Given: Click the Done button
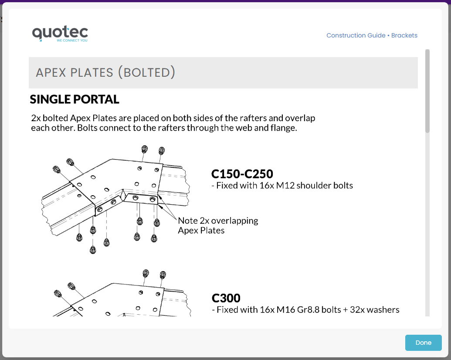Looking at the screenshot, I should pos(423,343).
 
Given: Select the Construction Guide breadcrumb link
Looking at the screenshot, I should pos(356,35).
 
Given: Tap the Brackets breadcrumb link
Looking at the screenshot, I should pos(404,35).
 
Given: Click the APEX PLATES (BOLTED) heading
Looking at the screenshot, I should pos(105,72).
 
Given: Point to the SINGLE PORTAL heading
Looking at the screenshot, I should pos(75,99).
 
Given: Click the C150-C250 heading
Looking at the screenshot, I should pos(242,174).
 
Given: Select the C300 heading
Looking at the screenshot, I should pos(226,298).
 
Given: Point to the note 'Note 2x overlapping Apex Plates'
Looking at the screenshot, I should pos(218,225).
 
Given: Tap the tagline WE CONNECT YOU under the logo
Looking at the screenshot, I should pos(72,41).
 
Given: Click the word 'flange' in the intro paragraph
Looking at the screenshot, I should pos(284,129).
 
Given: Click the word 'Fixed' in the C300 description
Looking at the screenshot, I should pos(228,310).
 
